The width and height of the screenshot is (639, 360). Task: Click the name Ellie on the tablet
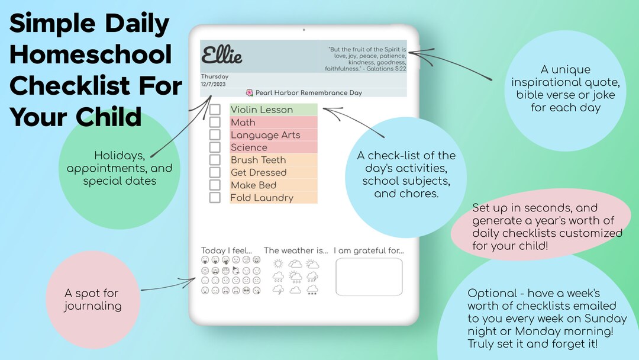(222, 56)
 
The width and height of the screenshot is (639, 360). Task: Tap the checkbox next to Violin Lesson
(215, 110)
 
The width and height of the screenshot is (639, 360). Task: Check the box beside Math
(215, 122)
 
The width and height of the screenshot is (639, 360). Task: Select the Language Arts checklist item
(266, 135)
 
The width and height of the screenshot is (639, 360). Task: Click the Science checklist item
(249, 147)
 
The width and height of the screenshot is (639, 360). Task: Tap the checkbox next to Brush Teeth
(215, 160)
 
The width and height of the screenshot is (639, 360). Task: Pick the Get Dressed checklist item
(259, 172)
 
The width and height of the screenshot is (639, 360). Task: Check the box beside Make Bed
(215, 185)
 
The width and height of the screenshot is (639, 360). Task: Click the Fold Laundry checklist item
(262, 198)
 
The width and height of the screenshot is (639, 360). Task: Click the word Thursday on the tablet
(215, 76)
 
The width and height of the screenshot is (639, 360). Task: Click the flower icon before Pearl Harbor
(250, 93)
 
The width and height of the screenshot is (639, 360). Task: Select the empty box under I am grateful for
(369, 277)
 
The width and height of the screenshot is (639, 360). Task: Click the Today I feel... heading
(227, 250)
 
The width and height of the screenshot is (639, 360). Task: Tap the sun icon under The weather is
(278, 263)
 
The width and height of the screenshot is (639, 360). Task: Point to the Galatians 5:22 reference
(385, 69)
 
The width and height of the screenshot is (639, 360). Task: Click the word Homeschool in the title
(91, 54)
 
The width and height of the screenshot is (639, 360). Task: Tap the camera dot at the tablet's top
(304, 30)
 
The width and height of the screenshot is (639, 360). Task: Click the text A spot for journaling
(92, 300)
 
